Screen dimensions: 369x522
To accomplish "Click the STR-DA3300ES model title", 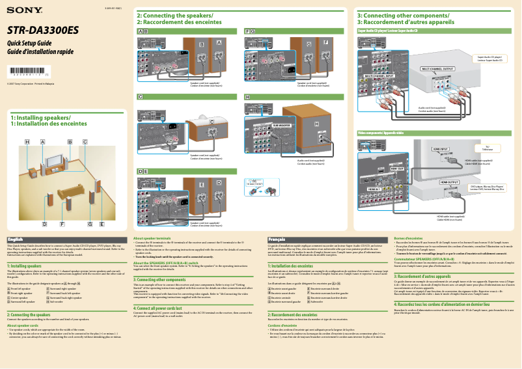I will coord(42,30).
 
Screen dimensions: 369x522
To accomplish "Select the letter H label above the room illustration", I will coord(27,141).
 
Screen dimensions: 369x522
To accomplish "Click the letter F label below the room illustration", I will coord(62,223).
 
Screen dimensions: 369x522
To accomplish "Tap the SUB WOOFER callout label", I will coord(281,124).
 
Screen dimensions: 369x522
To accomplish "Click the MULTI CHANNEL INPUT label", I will coord(380,75).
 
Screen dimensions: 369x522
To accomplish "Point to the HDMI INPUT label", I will coord(441,149).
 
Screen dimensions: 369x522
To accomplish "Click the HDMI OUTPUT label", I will coord(448,182).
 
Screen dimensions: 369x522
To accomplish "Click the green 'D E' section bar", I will coord(143,171).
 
